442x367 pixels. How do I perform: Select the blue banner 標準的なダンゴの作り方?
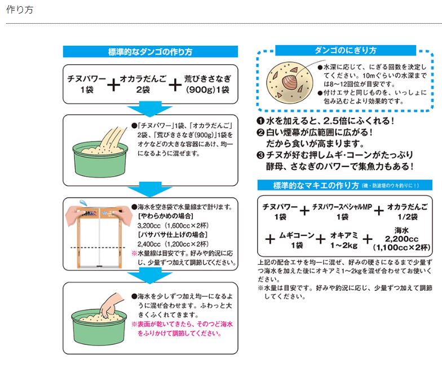(150, 52)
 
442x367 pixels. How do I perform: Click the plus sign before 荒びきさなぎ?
(175, 85)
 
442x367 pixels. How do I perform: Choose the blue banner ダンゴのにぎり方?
(345, 50)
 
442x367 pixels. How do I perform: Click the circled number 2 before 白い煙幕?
(260, 133)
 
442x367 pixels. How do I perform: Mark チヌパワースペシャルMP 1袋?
(342, 212)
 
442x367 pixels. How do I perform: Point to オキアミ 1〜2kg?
(345, 241)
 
